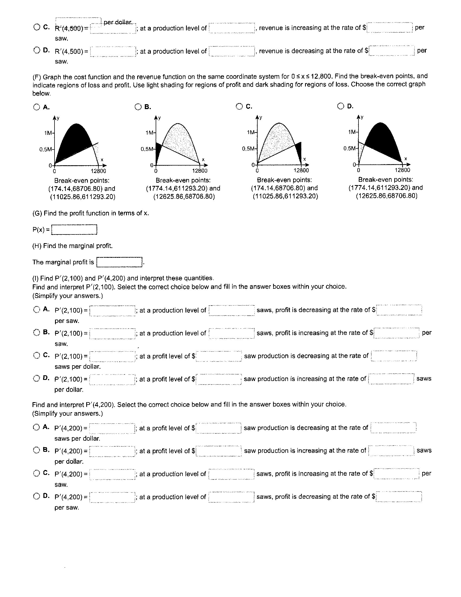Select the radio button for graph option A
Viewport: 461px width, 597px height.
[37, 107]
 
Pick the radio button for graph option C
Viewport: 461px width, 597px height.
[239, 106]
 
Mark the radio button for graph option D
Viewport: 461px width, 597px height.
[341, 106]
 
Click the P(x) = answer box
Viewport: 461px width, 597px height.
[74, 230]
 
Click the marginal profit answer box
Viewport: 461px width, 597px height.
[119, 262]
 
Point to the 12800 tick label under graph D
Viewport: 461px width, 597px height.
[402, 170]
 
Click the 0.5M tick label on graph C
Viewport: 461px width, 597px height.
[248, 149]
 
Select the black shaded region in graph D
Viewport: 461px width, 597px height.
[382, 139]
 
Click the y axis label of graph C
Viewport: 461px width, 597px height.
[261, 118]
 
